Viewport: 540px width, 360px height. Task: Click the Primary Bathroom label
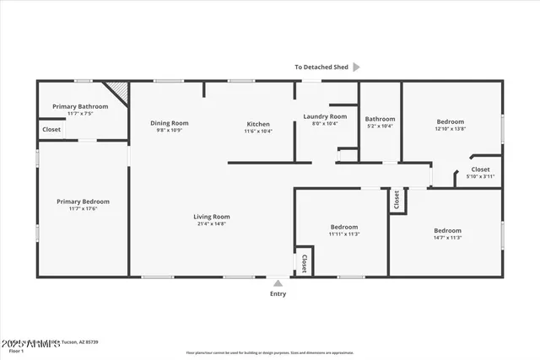coord(80,106)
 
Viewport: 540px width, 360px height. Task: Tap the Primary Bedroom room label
coord(83,201)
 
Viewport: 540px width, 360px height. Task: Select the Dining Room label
coord(169,123)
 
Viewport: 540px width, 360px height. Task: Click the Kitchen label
coord(258,123)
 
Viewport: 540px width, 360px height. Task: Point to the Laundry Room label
coord(325,116)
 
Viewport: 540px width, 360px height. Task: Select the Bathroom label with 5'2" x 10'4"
coord(380,119)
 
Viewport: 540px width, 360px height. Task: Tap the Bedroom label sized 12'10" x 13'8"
coord(450,121)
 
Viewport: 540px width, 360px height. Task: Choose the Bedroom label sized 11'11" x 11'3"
coord(344,227)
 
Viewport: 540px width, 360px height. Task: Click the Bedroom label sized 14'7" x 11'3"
coord(447,230)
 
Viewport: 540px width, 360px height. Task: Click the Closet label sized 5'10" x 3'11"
coord(480,169)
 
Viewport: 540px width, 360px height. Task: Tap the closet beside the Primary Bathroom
coord(51,130)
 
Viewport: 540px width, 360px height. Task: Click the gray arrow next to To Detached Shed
coord(356,67)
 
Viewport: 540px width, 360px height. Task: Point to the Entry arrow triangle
coord(278,283)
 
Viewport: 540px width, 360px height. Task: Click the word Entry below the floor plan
coord(278,294)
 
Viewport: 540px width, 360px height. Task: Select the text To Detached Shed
coord(321,67)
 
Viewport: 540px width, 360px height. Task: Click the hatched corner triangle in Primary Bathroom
coord(116,89)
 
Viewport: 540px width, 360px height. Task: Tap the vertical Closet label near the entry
coord(304,264)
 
